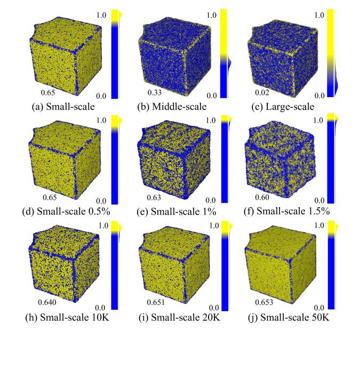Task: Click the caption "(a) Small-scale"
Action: [x=63, y=106]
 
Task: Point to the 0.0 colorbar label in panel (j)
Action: [x=319, y=308]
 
